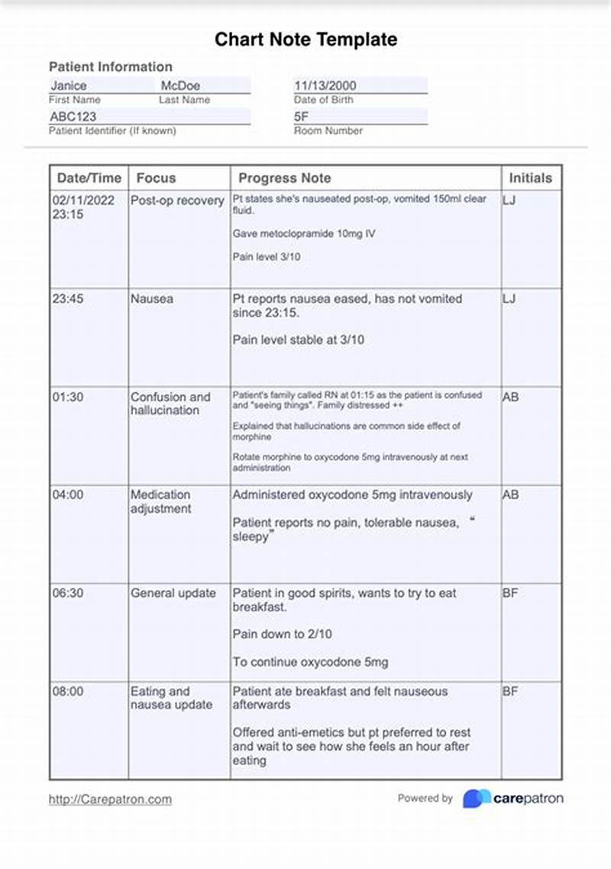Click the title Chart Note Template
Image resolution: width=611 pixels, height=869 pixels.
pyautogui.click(x=305, y=40)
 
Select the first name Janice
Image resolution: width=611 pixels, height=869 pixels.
pyautogui.click(x=69, y=86)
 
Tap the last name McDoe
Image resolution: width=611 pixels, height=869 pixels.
pyautogui.click(x=180, y=86)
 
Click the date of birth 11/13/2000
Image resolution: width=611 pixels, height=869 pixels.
pyautogui.click(x=325, y=86)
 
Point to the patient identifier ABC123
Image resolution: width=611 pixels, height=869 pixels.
pyautogui.click(x=73, y=117)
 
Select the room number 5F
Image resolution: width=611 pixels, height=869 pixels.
pyautogui.click(x=302, y=117)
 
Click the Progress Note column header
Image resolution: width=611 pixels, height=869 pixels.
pyautogui.click(x=284, y=178)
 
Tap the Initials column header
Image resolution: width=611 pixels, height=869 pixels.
pyautogui.click(x=530, y=178)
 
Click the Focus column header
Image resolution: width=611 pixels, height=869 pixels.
pyautogui.click(x=156, y=178)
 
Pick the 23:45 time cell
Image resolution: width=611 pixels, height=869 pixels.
pyautogui.click(x=68, y=299)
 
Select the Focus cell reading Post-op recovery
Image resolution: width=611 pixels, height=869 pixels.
pyautogui.click(x=176, y=201)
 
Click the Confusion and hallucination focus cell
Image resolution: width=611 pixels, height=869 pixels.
pyautogui.click(x=170, y=404)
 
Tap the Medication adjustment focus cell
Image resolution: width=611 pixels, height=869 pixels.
pyautogui.click(x=160, y=501)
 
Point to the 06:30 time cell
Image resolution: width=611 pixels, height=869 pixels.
pyautogui.click(x=68, y=593)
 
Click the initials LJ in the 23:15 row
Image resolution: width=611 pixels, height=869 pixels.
pyautogui.click(x=509, y=200)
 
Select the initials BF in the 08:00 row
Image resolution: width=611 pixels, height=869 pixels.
pyautogui.click(x=510, y=691)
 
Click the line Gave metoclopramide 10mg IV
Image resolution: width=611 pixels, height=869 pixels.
pyautogui.click(x=304, y=234)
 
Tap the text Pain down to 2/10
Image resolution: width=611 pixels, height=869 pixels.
pyautogui.click(x=282, y=634)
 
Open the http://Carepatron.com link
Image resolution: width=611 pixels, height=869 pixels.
pyautogui.click(x=110, y=799)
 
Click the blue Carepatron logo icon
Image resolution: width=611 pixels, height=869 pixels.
pyautogui.click(x=477, y=799)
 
